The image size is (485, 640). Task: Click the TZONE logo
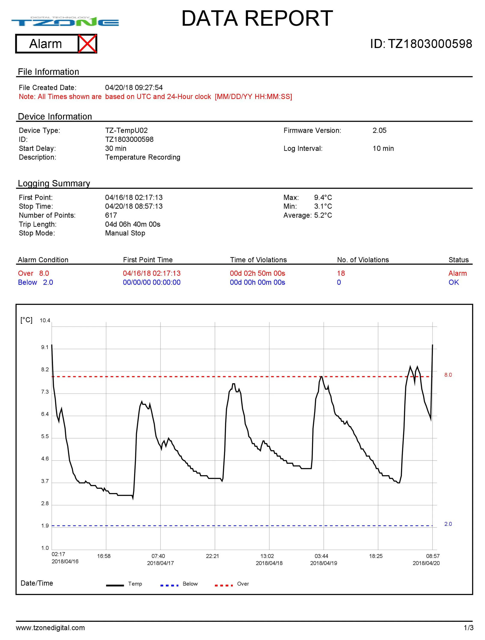point(65,22)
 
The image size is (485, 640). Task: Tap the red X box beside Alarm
point(87,44)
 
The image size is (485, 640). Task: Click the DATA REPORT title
point(257,18)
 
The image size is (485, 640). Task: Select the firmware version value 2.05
point(379,130)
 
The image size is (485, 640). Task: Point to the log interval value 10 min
point(383,148)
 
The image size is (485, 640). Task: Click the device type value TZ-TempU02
point(126,130)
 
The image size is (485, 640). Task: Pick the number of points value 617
point(111,215)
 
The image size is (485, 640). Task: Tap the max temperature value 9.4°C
point(323,198)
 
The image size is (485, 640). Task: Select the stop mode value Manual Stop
point(125,233)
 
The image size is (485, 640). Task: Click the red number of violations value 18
point(341,273)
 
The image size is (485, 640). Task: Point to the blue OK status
point(454,282)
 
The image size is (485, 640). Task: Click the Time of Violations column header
point(258,260)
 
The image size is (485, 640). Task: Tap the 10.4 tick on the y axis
point(45,321)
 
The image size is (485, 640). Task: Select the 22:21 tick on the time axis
point(213,556)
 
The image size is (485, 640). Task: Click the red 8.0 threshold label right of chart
point(448,375)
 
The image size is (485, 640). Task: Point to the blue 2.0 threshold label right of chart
point(448,524)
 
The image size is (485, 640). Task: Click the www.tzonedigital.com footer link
point(50,628)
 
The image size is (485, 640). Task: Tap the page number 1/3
point(469,628)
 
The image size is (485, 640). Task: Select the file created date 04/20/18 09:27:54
point(134,88)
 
